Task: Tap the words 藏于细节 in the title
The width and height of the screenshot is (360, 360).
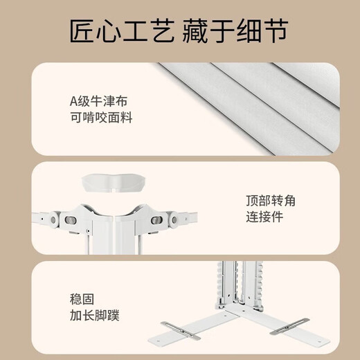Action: [x=242, y=32]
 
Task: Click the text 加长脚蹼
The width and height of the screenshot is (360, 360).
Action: [x=95, y=316]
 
